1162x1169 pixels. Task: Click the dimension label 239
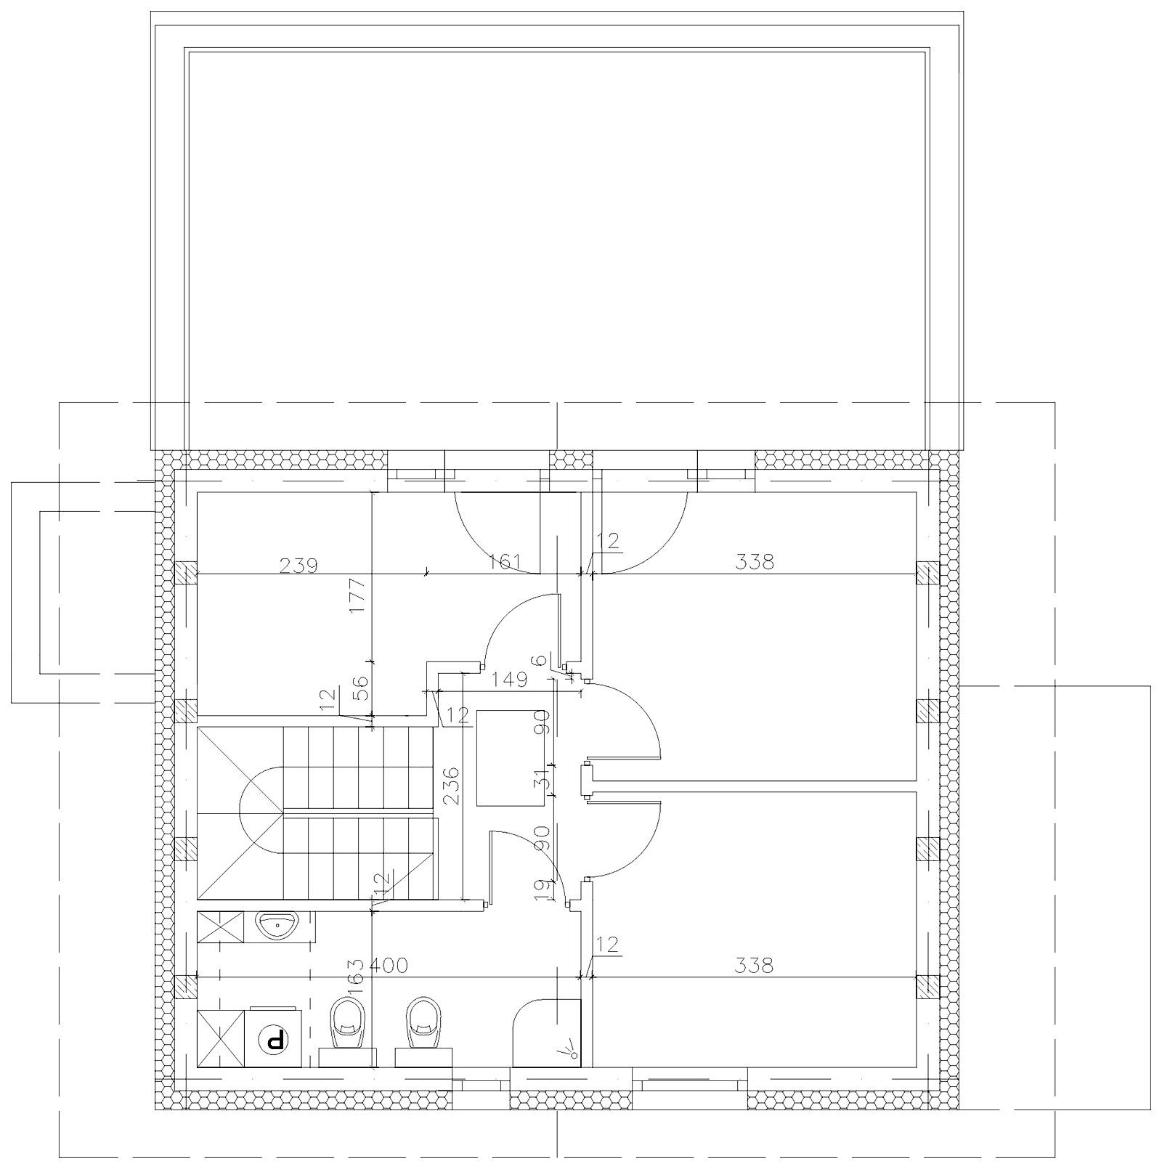pos(299,566)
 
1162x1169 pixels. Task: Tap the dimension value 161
pos(505,561)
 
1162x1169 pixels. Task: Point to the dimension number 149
pos(508,680)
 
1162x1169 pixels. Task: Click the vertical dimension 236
pos(450,785)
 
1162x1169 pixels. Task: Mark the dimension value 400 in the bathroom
pos(390,965)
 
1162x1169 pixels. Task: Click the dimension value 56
pos(361,687)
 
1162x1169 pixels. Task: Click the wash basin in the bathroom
pos(278,926)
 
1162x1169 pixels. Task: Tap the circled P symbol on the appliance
pos(275,1040)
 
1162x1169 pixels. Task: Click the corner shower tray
pos(547,1033)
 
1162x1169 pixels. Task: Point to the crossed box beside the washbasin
pos(220,927)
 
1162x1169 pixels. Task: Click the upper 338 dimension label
pos(755,561)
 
